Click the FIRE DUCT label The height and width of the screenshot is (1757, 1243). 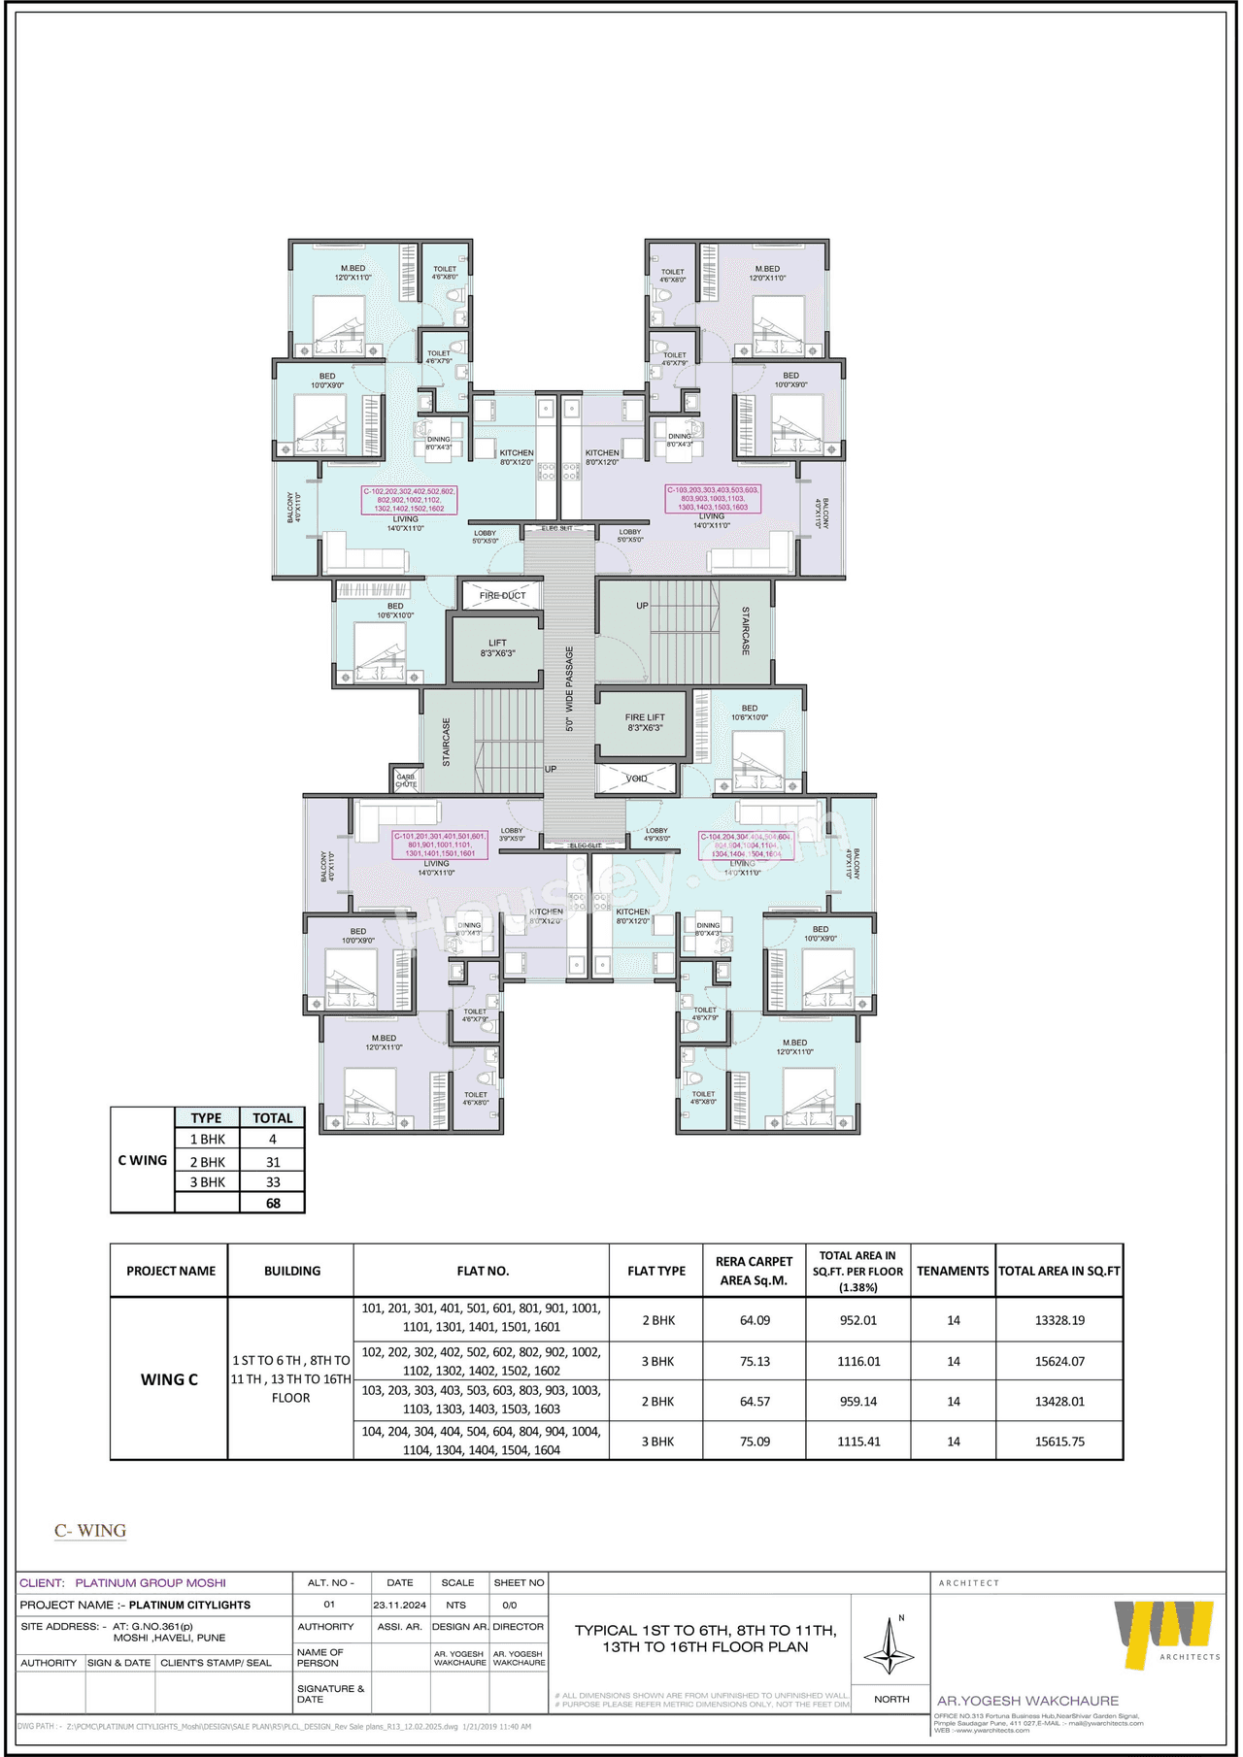pos(502,595)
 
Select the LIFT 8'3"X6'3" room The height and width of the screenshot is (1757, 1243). pos(497,648)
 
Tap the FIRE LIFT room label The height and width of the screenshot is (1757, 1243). pos(645,722)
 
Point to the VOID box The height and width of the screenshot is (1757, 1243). pos(636,779)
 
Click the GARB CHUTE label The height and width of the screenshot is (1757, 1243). pos(406,780)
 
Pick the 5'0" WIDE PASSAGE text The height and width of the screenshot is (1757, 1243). pos(570,688)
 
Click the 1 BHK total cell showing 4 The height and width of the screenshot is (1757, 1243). pos(273,1140)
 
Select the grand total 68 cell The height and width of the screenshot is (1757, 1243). pos(273,1204)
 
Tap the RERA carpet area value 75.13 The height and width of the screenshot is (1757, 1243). pos(755,1362)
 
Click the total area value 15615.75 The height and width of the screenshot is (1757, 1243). pos(1059,1442)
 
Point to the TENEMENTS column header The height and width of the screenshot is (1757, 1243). pos(953,1271)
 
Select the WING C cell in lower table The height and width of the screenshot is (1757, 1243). pos(169,1379)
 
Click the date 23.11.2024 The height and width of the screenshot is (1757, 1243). pos(400,1605)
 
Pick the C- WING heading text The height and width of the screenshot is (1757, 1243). pos(90,1531)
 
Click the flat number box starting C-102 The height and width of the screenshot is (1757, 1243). pos(410,500)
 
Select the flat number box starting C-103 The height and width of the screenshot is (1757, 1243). pos(713,499)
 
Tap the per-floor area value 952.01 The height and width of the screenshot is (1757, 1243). pos(858,1320)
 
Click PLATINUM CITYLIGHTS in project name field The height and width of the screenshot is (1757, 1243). pos(189,1605)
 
